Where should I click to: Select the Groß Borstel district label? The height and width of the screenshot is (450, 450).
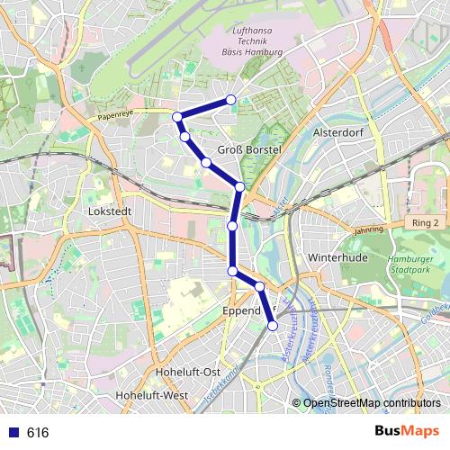[250, 149]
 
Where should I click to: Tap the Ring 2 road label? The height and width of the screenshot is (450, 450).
[423, 222]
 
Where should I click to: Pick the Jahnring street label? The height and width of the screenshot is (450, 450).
[368, 229]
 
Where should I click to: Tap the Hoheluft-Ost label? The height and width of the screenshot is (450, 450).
[187, 372]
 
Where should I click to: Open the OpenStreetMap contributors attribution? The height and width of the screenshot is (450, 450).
[372, 403]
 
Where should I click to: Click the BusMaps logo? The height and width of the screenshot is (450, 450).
[407, 432]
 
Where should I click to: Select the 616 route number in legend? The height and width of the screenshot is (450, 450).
[38, 433]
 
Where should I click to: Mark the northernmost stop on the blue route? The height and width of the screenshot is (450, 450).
[231, 100]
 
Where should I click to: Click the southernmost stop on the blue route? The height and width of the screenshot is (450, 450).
[273, 326]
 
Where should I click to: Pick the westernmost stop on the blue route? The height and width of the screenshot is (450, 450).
[178, 116]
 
